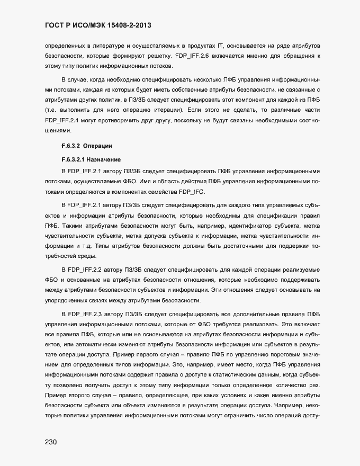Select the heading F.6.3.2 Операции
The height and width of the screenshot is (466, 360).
pos(86,146)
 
